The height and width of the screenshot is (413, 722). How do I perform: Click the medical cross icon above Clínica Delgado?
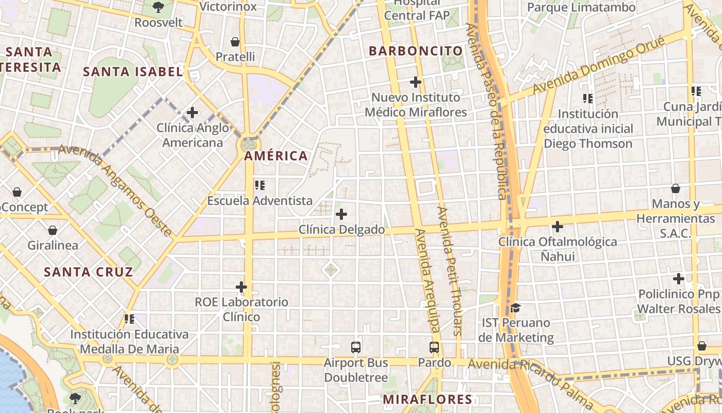point(341,214)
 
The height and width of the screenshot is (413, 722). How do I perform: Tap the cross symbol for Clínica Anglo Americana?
point(192,112)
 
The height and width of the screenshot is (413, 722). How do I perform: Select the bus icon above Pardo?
point(434,347)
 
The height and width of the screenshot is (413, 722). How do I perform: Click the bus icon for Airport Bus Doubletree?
point(356,347)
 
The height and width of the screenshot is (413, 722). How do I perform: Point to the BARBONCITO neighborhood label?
point(416,51)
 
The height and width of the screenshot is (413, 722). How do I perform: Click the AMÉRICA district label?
point(275,156)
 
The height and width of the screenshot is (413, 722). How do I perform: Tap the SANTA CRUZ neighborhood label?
point(88,272)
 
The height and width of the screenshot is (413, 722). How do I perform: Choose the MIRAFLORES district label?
point(428,399)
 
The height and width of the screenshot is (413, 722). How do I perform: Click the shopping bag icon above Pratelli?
point(235,41)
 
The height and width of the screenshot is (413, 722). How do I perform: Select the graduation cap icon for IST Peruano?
point(515,308)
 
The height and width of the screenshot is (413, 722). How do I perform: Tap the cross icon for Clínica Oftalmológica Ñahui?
point(557,226)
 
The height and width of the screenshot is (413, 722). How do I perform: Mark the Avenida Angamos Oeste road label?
point(116,190)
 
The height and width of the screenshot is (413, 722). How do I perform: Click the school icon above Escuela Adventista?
point(260,185)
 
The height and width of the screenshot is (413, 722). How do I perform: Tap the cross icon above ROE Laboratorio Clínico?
point(241,287)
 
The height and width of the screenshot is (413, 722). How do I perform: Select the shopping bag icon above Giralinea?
point(52,230)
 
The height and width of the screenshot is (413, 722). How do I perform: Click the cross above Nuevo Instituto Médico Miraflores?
point(415,82)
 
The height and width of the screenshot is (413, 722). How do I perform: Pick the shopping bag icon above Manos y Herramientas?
point(675,188)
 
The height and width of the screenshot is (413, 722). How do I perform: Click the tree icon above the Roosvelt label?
point(158,7)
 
